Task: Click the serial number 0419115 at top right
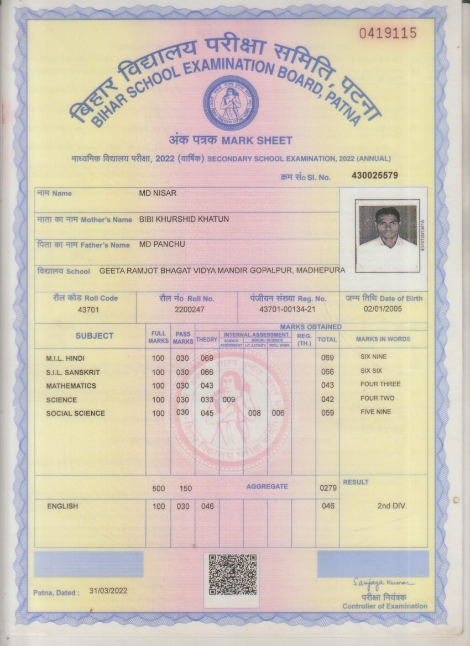tap(388, 34)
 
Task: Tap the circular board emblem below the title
tap(231, 103)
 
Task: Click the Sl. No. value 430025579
tap(374, 176)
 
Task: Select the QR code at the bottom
tap(233, 575)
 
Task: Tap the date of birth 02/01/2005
tap(383, 309)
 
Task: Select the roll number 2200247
tap(190, 309)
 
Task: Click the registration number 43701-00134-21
tap(288, 309)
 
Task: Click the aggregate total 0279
tap(327, 489)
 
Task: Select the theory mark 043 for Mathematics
tap(207, 386)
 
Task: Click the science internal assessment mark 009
tap(229, 400)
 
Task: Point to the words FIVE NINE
tap(375, 412)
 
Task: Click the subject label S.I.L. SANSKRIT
tap(73, 372)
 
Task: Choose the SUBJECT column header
tap(95, 336)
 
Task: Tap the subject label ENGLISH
tap(62, 506)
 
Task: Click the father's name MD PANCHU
tap(162, 244)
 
